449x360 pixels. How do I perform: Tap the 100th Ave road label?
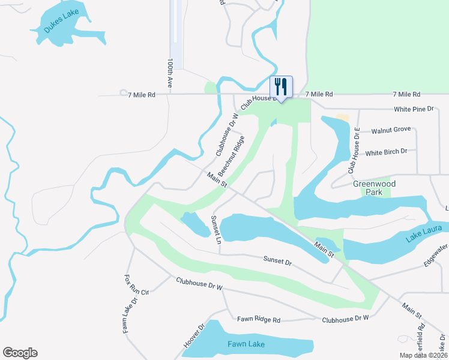tap(171, 74)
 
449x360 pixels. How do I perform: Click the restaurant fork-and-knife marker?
tap(281, 86)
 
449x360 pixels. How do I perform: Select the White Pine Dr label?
tap(414, 109)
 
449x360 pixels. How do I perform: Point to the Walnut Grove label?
tap(390, 130)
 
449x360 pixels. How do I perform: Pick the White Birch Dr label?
tap(386, 152)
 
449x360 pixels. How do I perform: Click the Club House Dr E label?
tap(354, 151)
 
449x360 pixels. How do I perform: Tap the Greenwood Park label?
tap(369, 188)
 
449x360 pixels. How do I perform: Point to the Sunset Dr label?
tap(277, 261)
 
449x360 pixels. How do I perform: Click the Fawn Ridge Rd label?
tap(258, 319)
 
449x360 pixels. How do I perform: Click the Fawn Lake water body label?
tap(246, 344)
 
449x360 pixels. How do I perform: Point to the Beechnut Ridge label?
tap(231, 155)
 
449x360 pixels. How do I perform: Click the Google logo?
tap(20, 353)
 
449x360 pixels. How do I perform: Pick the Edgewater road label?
tap(435, 254)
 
